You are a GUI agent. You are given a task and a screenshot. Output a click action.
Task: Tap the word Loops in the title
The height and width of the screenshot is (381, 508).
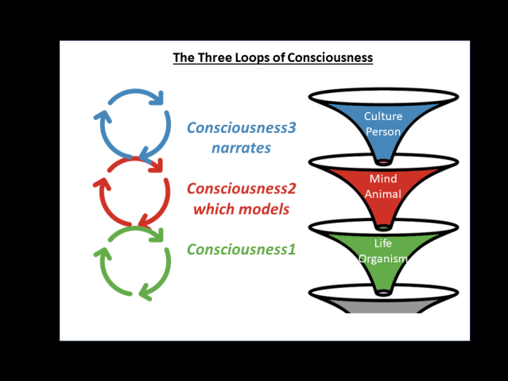pos(250,58)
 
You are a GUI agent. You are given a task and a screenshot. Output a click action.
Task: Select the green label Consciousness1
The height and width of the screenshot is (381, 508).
pos(241,250)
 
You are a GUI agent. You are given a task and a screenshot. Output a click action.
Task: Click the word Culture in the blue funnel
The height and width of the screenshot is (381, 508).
pos(383,117)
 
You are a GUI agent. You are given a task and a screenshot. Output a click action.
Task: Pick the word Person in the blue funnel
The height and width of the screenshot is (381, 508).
pos(383,132)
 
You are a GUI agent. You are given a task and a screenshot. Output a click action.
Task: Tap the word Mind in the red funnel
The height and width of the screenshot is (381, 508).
pos(383,179)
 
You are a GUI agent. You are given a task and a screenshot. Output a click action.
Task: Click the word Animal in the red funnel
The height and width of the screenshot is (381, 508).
pos(383,195)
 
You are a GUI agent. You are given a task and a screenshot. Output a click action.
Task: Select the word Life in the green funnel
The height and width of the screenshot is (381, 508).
pos(383,243)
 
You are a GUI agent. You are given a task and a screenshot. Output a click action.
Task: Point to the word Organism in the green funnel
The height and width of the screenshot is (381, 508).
pos(383,259)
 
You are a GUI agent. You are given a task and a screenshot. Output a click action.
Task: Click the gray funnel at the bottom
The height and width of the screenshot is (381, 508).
pos(383,306)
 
